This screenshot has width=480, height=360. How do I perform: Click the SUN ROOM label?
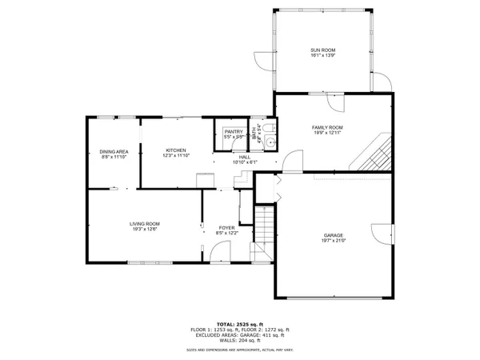323,50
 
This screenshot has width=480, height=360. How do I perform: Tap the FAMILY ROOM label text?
327,127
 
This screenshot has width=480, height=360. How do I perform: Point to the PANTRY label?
234,131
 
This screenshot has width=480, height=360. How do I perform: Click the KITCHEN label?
176,150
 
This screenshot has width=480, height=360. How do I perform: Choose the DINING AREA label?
114,151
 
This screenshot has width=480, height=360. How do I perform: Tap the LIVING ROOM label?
146,223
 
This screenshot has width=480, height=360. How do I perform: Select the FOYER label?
227,228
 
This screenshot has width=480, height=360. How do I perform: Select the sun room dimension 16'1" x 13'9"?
323,57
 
